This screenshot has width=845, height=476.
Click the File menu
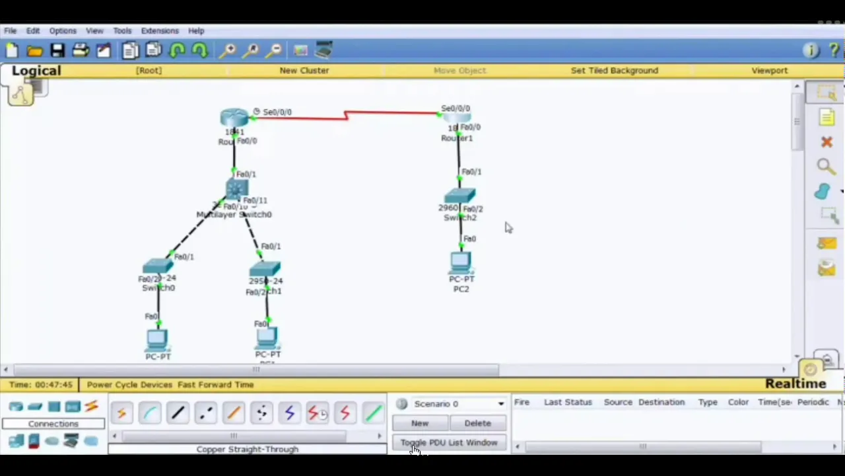(x=11, y=30)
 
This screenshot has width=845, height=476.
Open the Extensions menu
(x=160, y=30)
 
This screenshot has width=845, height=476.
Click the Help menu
(x=196, y=30)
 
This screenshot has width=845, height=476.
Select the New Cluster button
(x=304, y=70)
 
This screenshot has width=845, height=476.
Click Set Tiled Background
(x=614, y=70)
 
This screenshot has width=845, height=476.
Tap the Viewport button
(x=769, y=70)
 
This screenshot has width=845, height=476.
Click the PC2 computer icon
(x=461, y=262)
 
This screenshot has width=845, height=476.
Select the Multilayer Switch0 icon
(x=236, y=190)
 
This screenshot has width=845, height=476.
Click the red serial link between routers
(x=389, y=114)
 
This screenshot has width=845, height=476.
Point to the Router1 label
(x=457, y=138)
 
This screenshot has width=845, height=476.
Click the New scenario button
(x=420, y=423)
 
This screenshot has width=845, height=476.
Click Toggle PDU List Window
(x=449, y=442)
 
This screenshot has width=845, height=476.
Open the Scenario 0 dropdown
(x=500, y=404)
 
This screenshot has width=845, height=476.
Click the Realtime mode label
(x=795, y=383)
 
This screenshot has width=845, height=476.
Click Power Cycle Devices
(x=129, y=384)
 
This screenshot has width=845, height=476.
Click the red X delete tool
(x=827, y=142)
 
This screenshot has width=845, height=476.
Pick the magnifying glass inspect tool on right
(x=825, y=167)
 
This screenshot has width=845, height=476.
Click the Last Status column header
(x=568, y=402)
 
